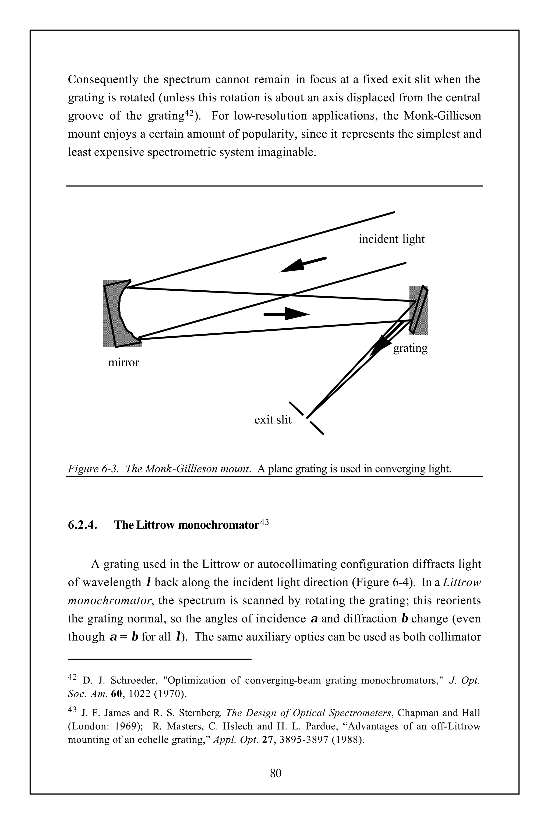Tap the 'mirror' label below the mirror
pos(123,362)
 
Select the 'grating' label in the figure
pos(410,348)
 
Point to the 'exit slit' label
pos(273,420)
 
